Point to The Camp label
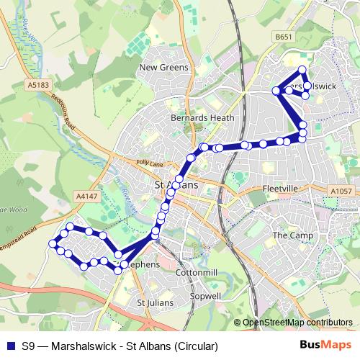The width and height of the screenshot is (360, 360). click(x=289, y=235)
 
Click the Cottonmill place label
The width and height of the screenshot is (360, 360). click(x=197, y=274)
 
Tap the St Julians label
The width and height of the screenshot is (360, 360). click(x=156, y=303)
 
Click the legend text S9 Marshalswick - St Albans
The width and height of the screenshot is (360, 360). click(x=120, y=346)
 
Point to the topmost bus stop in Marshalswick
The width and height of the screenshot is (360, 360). click(x=302, y=70)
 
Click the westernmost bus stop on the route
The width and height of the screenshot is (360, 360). click(x=53, y=244)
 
